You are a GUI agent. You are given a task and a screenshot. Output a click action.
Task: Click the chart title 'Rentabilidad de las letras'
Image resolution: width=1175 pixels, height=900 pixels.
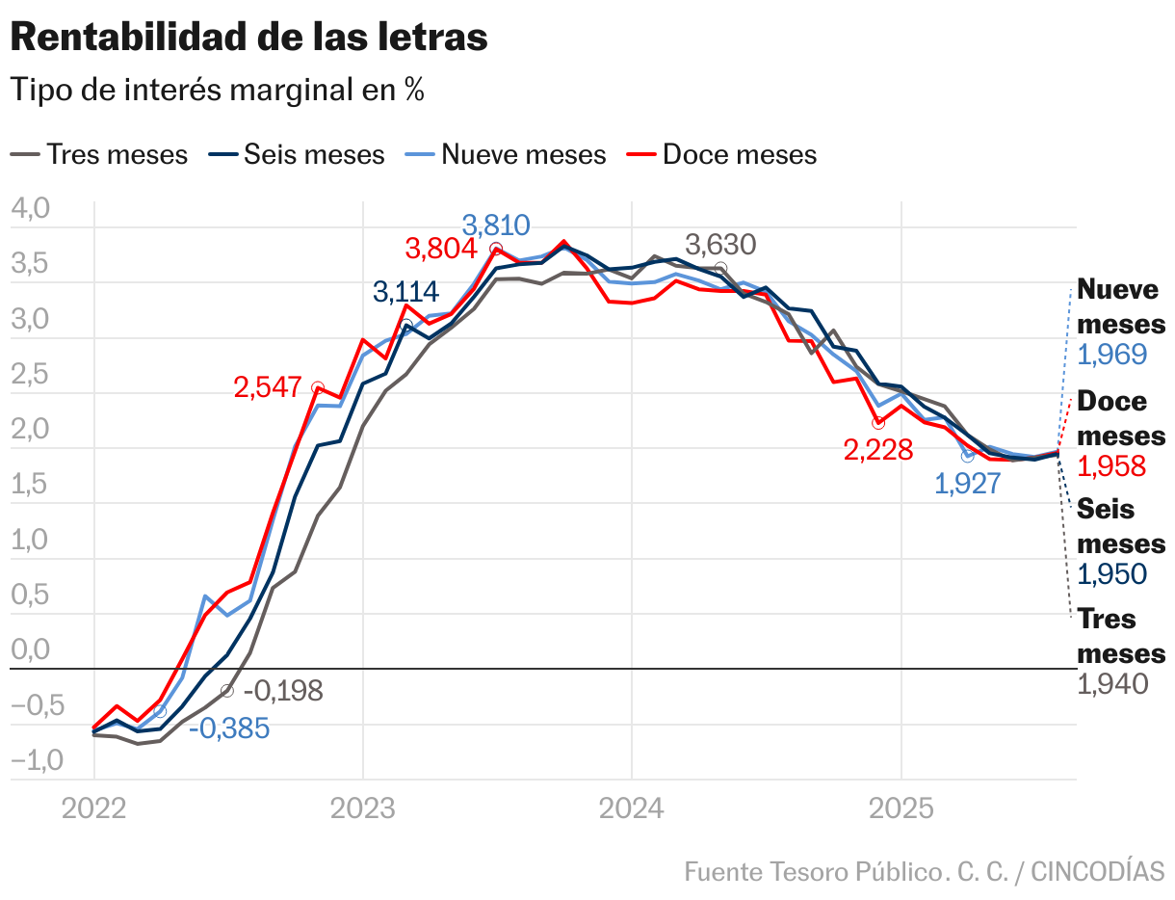point(248,38)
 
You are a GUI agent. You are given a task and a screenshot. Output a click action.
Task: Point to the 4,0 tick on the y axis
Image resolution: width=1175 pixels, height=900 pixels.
point(29,208)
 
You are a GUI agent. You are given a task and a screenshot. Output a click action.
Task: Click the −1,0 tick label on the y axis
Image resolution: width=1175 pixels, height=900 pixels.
point(37,760)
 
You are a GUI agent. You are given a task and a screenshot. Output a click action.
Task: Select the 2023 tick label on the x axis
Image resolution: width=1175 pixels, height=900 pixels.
point(362,807)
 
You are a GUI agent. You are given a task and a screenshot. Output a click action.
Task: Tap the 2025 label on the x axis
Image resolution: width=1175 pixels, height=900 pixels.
point(901,807)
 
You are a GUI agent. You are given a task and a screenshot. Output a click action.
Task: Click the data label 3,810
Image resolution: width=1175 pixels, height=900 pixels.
point(496,225)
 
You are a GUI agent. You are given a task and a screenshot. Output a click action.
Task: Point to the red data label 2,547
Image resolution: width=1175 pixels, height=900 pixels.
point(268,387)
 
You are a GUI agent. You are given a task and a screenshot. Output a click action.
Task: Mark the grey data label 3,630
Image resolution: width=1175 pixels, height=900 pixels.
point(720,245)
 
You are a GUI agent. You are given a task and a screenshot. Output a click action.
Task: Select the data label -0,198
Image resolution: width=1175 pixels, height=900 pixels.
point(283,691)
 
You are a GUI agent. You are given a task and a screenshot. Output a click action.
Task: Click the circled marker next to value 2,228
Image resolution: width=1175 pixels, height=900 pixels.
point(877,423)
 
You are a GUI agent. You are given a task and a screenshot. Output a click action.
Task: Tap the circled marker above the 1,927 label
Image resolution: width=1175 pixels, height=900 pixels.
point(968,456)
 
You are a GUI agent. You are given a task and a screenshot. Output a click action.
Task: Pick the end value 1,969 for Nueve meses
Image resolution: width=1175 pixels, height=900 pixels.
point(1111,355)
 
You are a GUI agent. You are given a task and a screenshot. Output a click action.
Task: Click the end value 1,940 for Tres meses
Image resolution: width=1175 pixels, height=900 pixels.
point(1111,684)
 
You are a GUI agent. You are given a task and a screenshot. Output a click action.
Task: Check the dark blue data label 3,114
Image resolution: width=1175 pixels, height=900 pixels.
point(405,292)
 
